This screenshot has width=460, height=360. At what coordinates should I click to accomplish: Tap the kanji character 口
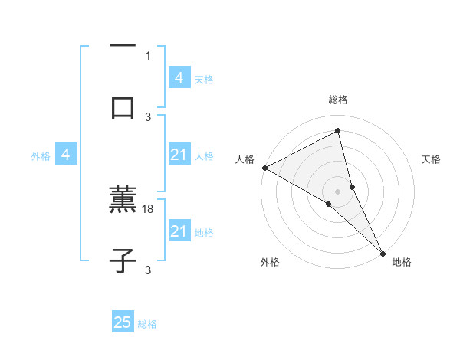(x=123, y=106)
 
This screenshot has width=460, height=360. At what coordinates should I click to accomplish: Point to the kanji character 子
(x=123, y=260)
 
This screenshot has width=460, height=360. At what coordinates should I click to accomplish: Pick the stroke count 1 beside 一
(x=148, y=56)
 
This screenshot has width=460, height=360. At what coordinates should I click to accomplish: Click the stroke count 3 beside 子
(x=148, y=270)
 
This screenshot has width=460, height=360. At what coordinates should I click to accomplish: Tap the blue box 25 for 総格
(x=123, y=323)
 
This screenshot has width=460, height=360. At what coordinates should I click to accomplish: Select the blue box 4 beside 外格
(x=66, y=155)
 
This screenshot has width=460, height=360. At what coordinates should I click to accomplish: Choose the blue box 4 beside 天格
(x=179, y=78)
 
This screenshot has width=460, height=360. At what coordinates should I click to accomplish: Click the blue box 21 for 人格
(x=179, y=155)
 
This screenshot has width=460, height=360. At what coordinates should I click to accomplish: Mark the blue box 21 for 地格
(x=179, y=231)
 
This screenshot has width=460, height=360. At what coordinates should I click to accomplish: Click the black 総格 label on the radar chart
(x=337, y=100)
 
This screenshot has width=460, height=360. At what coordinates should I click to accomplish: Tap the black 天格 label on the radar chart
(x=432, y=159)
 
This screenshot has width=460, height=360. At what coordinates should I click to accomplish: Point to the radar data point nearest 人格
(x=264, y=167)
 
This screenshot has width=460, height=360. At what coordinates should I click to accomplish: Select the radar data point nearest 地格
(x=383, y=251)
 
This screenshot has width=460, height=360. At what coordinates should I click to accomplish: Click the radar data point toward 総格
(x=337, y=131)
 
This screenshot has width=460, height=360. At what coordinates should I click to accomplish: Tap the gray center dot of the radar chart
(x=337, y=190)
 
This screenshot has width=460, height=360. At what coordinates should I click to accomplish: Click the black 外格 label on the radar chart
(x=270, y=262)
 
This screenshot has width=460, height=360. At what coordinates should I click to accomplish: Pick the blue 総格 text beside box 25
(x=147, y=324)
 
